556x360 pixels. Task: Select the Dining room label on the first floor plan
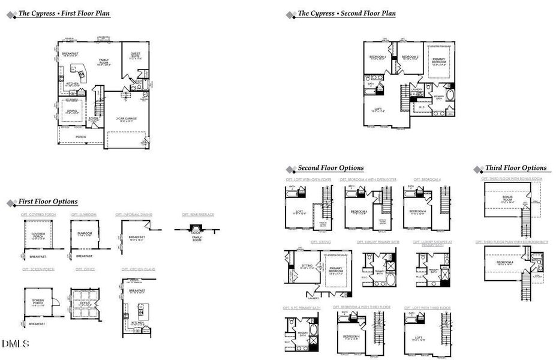(x=71, y=112)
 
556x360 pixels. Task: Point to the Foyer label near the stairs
(x=94, y=119)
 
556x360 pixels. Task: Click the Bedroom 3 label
(x=377, y=57)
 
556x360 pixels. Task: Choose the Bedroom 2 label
(x=410, y=57)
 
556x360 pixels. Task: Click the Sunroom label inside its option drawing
(x=84, y=233)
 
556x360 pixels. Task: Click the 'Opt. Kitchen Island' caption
(x=138, y=269)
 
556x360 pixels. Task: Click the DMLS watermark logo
(x=15, y=343)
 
